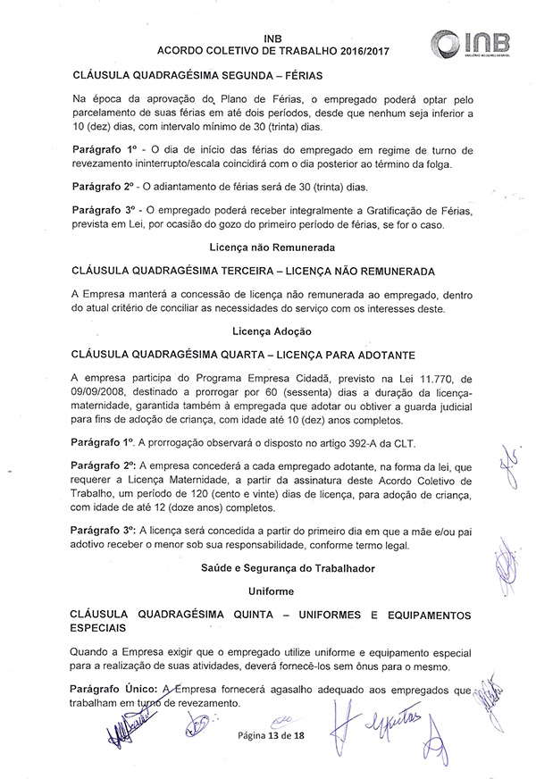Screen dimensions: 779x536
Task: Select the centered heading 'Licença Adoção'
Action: click(x=267, y=331)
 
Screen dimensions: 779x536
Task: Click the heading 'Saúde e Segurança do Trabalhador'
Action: click(x=267, y=568)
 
